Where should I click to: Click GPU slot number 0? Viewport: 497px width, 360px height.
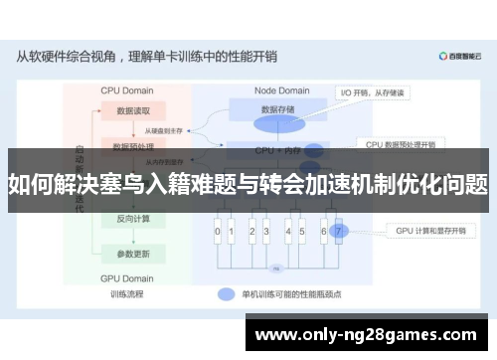click(x=218, y=232)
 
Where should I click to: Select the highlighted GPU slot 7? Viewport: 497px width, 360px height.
click(x=338, y=232)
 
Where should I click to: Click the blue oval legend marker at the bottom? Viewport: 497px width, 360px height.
click(x=226, y=294)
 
